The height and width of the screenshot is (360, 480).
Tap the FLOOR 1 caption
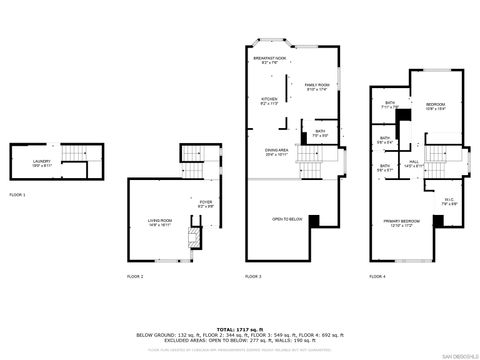coord(17,194)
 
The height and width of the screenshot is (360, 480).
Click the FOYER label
coord(207,204)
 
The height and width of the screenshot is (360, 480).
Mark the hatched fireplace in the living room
coord(197,237)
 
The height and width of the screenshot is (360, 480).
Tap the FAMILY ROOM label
coord(317,87)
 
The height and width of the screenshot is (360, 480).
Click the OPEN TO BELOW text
coord(287,218)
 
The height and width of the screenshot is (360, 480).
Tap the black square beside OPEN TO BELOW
coord(314,220)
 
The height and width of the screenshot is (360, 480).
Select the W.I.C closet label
coord(450,200)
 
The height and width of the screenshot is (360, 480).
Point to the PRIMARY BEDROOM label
coord(400,224)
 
